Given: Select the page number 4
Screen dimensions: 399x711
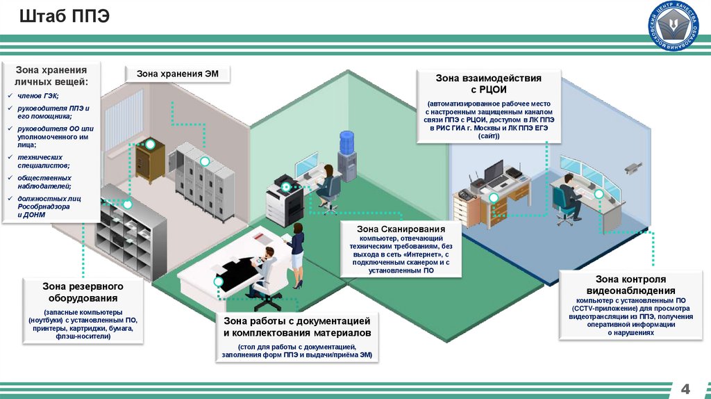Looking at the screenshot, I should (686, 386).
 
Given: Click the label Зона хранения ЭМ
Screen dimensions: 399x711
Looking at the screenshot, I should (177, 74).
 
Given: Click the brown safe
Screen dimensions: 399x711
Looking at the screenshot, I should (149, 160).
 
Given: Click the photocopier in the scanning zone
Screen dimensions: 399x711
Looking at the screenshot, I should (285, 197).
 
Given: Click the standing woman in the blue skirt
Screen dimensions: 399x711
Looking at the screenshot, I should (297, 254).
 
